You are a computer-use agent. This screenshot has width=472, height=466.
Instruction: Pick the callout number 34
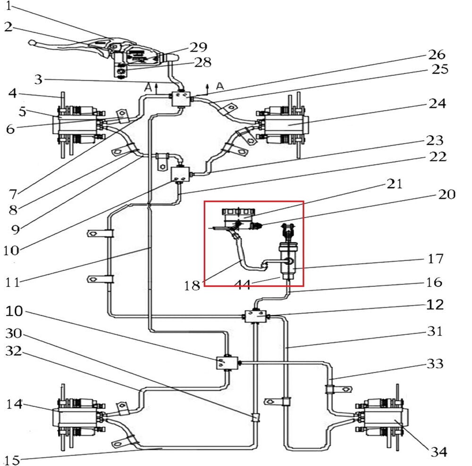(x=438, y=452)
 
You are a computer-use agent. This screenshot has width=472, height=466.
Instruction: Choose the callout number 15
(x=13, y=459)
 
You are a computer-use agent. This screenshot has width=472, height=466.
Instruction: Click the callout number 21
(x=395, y=184)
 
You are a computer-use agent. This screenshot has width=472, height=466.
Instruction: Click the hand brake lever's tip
(x=31, y=43)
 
